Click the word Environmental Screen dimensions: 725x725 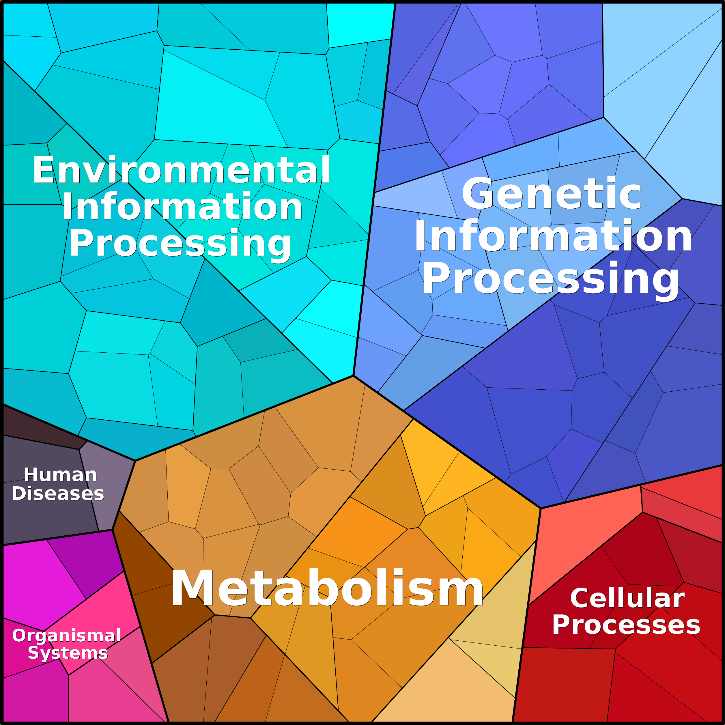click(x=181, y=170)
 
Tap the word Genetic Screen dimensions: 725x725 click(x=552, y=194)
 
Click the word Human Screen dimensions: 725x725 click(x=60, y=475)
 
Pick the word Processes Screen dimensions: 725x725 click(x=626, y=625)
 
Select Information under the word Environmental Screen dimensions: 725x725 click(x=182, y=206)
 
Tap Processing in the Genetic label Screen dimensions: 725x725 click(x=551, y=279)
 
